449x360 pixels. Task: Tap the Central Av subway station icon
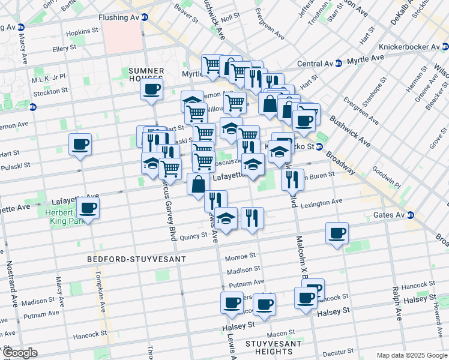coord(339,62)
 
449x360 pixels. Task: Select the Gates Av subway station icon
coord(411,215)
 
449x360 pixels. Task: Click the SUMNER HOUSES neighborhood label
coord(146,74)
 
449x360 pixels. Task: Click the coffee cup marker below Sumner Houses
coord(151,90)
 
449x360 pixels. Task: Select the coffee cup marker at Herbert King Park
coord(88,209)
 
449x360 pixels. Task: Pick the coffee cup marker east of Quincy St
coord(337,233)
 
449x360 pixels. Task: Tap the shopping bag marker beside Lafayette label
coord(197,184)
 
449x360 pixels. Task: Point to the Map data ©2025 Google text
coord(411,355)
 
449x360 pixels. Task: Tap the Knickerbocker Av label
coord(413,47)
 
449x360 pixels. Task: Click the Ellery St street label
coord(64,47)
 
